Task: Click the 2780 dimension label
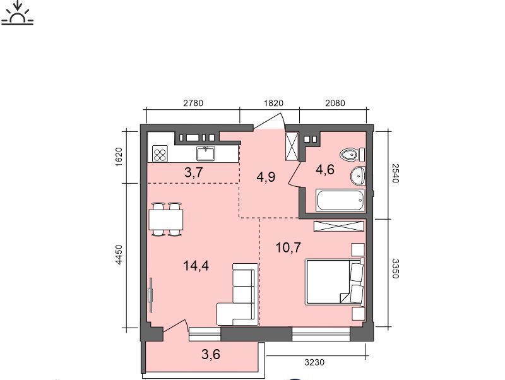coord(193,103)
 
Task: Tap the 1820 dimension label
coord(273,103)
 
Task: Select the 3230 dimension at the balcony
coord(314,362)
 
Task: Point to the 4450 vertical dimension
coord(119,255)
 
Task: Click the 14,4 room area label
coord(196,266)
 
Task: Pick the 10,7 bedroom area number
coord(288,247)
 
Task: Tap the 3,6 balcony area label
coord(211,354)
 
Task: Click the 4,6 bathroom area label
coord(325,169)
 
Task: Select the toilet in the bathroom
coord(352,155)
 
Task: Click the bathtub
coord(341,200)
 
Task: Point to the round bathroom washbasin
coord(358,176)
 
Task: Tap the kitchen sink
coord(206,153)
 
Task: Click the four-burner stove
coord(160,153)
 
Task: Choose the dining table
coord(166,219)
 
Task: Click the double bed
coord(335,281)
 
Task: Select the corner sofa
coord(238,294)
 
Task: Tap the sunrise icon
coord(18,13)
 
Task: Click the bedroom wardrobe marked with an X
coord(339,226)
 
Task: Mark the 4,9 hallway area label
coord(266,177)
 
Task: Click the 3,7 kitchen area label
coord(194,172)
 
